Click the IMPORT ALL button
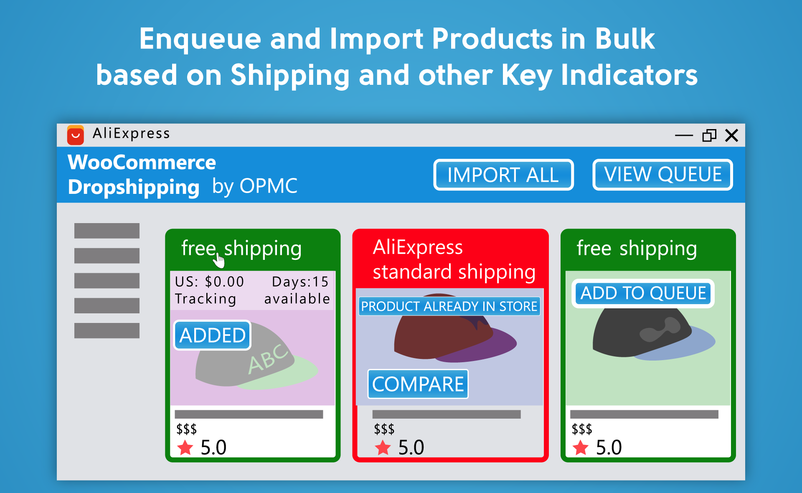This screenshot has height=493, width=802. coord(503,175)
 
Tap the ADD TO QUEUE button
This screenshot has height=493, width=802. coord(643,293)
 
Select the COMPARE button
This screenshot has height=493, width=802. coord(418,384)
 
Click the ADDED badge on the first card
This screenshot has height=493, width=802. coord(212,335)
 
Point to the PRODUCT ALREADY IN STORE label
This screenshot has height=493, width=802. coord(449,306)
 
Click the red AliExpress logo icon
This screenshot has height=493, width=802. coord(76,135)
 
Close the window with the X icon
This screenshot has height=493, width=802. coord(731,135)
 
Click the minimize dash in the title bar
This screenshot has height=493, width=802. coord(684,135)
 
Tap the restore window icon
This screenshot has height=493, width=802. coord(709,135)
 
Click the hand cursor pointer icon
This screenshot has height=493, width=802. coord(219,260)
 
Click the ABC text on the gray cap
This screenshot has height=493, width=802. coord(268,358)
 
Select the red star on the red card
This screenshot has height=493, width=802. coord(383,448)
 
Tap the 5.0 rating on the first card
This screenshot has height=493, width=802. coord(213,447)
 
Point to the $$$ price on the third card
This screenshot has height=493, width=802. coord(582,429)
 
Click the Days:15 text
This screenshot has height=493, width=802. coord(300,282)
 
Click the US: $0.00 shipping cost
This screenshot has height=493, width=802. coord(209,282)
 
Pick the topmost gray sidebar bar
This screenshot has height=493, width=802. coord(107,231)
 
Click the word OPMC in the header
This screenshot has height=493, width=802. coord(269,186)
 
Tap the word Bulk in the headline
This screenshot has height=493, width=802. coord(624,39)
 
